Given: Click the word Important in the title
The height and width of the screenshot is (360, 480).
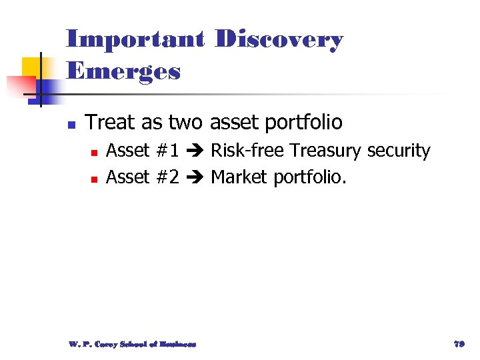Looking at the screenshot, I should tap(135, 40).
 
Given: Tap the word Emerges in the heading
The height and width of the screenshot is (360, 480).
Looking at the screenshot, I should tap(124, 71).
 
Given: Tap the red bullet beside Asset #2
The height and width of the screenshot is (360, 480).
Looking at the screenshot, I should tap(95, 179).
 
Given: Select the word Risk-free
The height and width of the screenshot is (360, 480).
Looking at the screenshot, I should tap(248, 151).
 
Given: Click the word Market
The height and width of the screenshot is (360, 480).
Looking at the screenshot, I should tap(241, 177).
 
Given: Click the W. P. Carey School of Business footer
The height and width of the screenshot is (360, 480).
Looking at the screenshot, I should tap(132, 344).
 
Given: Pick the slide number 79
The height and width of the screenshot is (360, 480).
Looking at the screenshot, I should tap(458, 344).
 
